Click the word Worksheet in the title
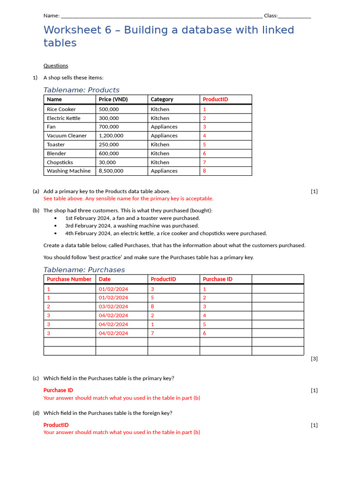pyautogui.click(x=71, y=30)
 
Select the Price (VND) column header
pyautogui.click(x=113, y=99)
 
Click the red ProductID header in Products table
pyautogui.click(x=215, y=99)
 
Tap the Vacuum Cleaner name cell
pyautogui.click(x=67, y=135)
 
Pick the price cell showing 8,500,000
pyautogui.click(x=111, y=171)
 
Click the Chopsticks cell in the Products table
pyautogui.click(x=60, y=162)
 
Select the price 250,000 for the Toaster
pyautogui.click(x=109, y=144)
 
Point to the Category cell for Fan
pyautogui.click(x=164, y=127)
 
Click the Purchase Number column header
pyautogui.click(x=69, y=279)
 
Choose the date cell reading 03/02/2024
pyautogui.click(x=113, y=307)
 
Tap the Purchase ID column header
pyautogui.click(x=217, y=279)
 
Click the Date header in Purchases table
pyautogui.click(x=105, y=279)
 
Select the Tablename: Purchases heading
pyautogui.click(x=84, y=270)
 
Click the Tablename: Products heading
pyautogui.click(x=81, y=90)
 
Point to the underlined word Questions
pyautogui.click(x=56, y=66)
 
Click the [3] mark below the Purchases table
pyautogui.click(x=314, y=359)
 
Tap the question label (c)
pyautogui.click(x=36, y=378)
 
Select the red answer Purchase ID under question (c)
pyautogui.click(x=58, y=390)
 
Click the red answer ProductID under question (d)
pyautogui.click(x=56, y=425)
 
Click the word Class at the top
pyautogui.click(x=270, y=15)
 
